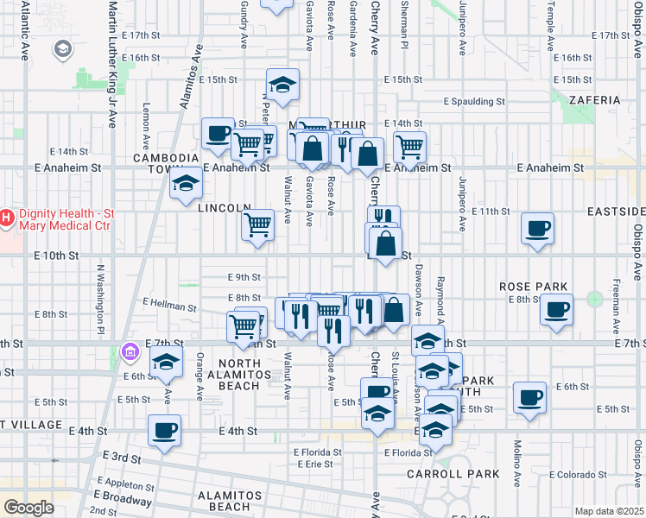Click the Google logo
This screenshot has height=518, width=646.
pyautogui.click(x=28, y=507)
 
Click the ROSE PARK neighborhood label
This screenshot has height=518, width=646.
pyautogui.click(x=534, y=287)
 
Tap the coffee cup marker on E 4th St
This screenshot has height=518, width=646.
pyautogui.click(x=164, y=430)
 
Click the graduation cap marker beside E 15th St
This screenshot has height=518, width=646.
pyautogui.click(x=282, y=85)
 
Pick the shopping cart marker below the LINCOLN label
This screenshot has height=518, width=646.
pyautogui.click(x=257, y=226)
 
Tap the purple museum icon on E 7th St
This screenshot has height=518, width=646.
pyautogui.click(x=130, y=351)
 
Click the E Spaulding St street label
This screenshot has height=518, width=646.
pyautogui.click(x=473, y=101)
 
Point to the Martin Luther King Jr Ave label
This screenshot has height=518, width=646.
pyautogui.click(x=111, y=65)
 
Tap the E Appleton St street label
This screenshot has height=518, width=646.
pyautogui.click(x=126, y=484)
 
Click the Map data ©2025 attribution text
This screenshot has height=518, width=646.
pyautogui.click(x=607, y=511)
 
